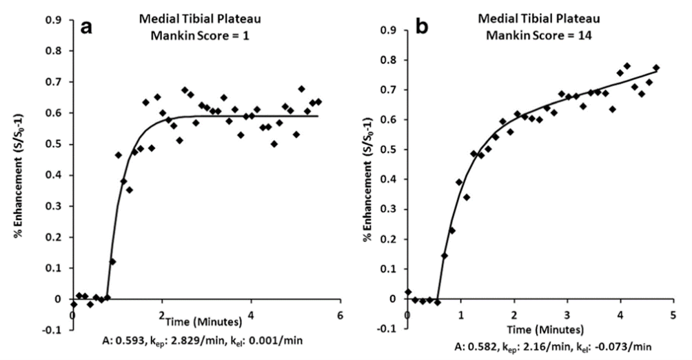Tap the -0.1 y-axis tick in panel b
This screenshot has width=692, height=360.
tap(389, 329)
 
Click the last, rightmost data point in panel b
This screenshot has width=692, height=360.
tap(656, 68)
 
